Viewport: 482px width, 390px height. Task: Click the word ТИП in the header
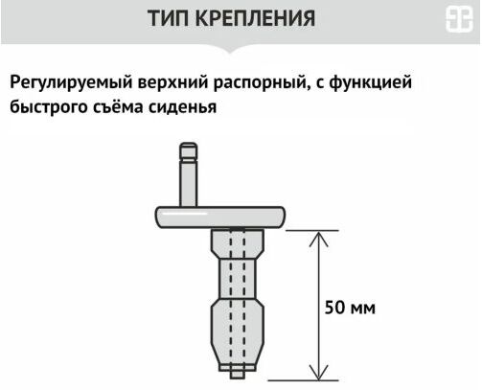(169, 18)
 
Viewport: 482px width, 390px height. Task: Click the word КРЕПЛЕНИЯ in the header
(255, 18)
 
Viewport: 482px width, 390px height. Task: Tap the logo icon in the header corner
(459, 19)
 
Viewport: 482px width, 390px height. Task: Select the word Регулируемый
(71, 82)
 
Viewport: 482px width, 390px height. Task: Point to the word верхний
(173, 82)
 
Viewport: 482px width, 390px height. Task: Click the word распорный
(262, 83)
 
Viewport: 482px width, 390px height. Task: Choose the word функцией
(370, 82)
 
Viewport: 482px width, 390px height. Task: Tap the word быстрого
(49, 107)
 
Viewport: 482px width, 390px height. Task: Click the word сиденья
(182, 107)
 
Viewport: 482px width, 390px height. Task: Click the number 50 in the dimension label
(335, 308)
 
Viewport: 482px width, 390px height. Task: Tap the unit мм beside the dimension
(363, 310)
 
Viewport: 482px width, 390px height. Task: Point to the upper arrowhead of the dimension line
(318, 239)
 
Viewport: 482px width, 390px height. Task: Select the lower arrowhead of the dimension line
(319, 373)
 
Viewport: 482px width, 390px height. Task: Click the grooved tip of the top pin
(189, 151)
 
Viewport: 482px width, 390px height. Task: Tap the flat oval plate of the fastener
(220, 218)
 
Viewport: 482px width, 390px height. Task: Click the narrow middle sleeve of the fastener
(237, 279)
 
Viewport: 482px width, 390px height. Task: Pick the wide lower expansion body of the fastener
(237, 333)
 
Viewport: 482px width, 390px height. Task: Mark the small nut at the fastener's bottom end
(238, 373)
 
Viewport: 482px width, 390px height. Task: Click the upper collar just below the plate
(238, 243)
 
